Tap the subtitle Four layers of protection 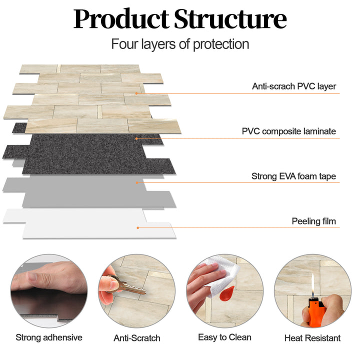[x=180, y=44]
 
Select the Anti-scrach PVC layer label [x=294, y=86]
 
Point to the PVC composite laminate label [x=289, y=132]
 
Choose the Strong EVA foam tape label [x=293, y=176]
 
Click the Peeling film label [x=314, y=221]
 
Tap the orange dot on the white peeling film [x=138, y=227]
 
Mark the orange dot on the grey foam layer [x=136, y=182]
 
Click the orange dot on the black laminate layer [x=136, y=138]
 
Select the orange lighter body [x=314, y=312]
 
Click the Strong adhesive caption [x=49, y=337]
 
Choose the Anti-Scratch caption [x=137, y=338]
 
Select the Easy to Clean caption [x=224, y=337]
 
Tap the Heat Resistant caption [x=312, y=338]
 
